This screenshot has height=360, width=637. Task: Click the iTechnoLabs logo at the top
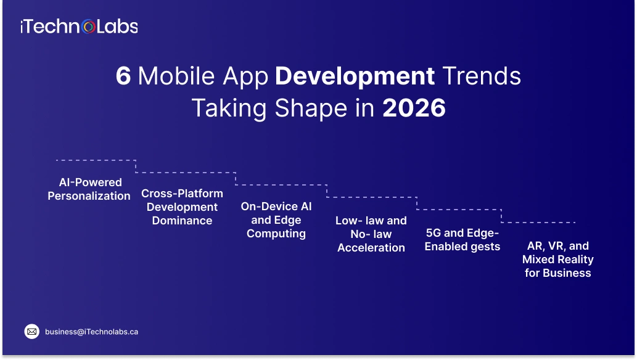pyautogui.click(x=78, y=27)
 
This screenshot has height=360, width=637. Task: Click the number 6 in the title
pyautogui.click(x=123, y=76)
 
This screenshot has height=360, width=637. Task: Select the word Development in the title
pyautogui.click(x=355, y=76)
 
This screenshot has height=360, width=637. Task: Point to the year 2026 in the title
pyautogui.click(x=414, y=108)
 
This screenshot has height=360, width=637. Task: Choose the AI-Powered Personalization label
pyautogui.click(x=89, y=189)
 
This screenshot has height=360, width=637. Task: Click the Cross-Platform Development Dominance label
pyautogui.click(x=182, y=207)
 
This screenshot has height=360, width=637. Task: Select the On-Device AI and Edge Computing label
pyautogui.click(x=276, y=220)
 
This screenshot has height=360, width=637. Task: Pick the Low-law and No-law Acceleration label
pyautogui.click(x=371, y=234)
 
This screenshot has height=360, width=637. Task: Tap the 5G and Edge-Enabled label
pyautogui.click(x=462, y=240)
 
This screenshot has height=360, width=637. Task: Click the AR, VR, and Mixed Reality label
pyautogui.click(x=558, y=260)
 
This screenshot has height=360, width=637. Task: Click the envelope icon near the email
pyautogui.click(x=31, y=332)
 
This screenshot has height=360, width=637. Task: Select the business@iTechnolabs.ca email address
pyautogui.click(x=91, y=332)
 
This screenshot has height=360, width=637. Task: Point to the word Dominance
pyautogui.click(x=182, y=221)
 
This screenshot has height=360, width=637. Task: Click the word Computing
pyautogui.click(x=276, y=234)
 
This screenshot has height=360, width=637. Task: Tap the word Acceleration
pyautogui.click(x=371, y=248)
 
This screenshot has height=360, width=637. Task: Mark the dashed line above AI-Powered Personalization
pyautogui.click(x=96, y=160)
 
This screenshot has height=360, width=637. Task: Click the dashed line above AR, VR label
pyautogui.click(x=538, y=222)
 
